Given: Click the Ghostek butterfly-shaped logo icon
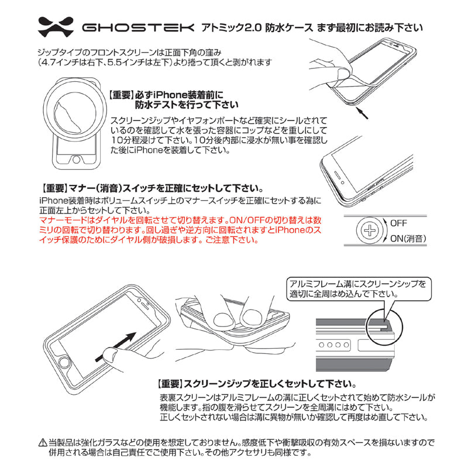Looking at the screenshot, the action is pos(56,27).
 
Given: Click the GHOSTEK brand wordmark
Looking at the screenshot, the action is pos(138,27).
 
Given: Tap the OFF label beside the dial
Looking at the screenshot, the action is pos(398,223).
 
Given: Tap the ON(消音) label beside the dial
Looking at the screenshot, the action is pos(408,238).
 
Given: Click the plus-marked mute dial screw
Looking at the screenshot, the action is pos(370,230).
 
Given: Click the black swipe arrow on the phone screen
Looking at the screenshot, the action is pos(116,346).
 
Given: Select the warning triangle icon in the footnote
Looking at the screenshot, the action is pos(43,443).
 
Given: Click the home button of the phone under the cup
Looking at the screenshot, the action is pos(77,159).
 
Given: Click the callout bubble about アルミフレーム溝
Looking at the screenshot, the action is pos(359,289).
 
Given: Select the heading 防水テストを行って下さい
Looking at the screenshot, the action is pos(187,105).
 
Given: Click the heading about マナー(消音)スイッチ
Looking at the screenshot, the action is pos(152,188).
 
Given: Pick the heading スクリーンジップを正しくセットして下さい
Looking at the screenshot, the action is pos(257,384).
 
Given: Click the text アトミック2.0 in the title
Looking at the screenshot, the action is pos(232,27).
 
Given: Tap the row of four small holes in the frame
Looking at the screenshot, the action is pos(333,345).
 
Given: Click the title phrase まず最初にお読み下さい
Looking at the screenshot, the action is pos(370,27).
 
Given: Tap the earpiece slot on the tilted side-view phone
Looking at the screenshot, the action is pos(338,175).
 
